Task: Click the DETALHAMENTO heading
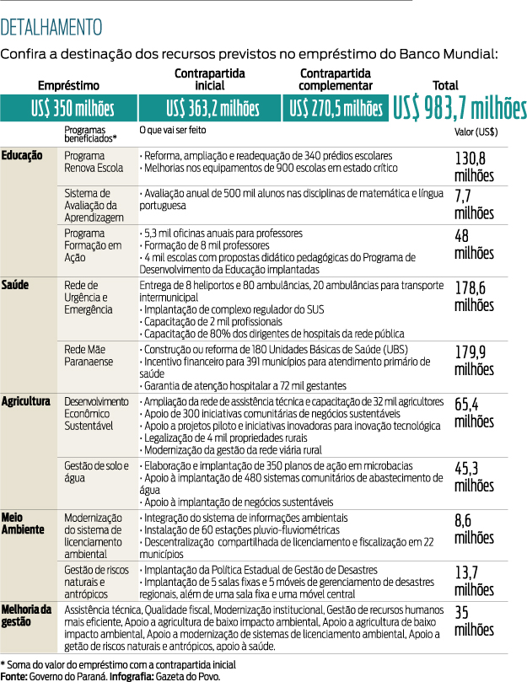coord(52,27)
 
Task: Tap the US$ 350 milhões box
coord(68,108)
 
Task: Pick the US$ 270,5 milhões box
coord(336,108)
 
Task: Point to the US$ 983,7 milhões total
coord(460,108)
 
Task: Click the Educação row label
coord(23,156)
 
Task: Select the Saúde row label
coord(15,285)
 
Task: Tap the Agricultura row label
coord(26,401)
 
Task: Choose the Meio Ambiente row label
coord(19,522)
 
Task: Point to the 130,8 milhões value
coord(473,167)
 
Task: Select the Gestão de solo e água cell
coord(96,471)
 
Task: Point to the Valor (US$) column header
coord(476,132)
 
